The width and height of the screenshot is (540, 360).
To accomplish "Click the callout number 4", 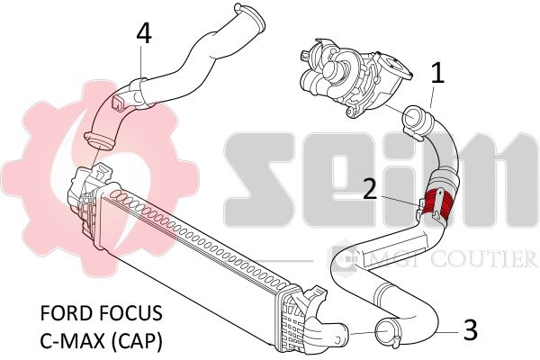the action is coord(144,34).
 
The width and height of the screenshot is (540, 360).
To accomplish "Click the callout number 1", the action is coord(437,72).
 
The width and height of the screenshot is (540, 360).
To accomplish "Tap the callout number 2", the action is coord(371,189).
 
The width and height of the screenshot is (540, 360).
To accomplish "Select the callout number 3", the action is coord(470,330).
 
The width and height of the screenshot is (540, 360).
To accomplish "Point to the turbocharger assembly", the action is coord(355,78).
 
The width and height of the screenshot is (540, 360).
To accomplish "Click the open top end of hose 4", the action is coord(250,16).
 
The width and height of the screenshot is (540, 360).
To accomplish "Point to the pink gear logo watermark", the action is coord(100,175).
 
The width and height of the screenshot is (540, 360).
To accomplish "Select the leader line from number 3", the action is coord(446,333).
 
